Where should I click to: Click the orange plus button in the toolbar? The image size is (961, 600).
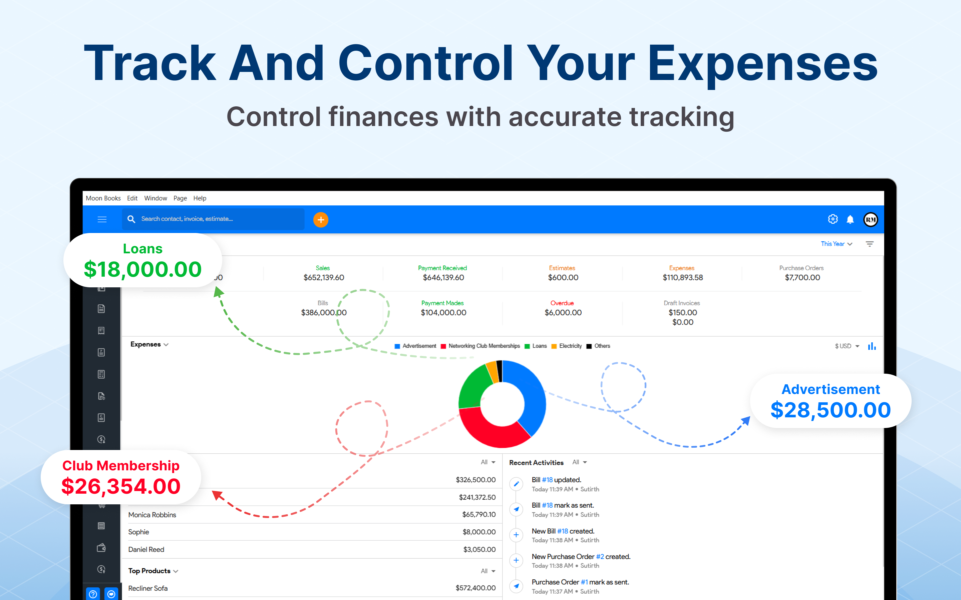pos(320,219)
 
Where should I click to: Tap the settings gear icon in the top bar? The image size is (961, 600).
pos(833,219)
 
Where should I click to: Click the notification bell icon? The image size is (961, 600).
pos(850,219)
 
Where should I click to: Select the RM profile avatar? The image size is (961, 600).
pos(871,219)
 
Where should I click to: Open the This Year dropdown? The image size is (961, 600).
pos(836,244)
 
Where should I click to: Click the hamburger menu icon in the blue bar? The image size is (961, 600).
pos(102,219)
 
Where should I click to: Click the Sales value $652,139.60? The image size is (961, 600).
pos(324,277)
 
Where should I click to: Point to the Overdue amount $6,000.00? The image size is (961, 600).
pos(563,312)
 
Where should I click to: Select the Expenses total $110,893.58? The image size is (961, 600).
pos(683,277)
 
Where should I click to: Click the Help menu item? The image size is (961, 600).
pos(200,198)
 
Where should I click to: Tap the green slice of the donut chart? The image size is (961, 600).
pos(475,387)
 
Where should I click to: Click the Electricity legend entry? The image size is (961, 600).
pos(567,346)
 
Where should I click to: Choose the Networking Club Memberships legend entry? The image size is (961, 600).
pos(480,346)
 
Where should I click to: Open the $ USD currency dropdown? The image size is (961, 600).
pos(847,346)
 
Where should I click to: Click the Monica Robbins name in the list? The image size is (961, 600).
pos(152,515)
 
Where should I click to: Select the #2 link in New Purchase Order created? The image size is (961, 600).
pos(600,556)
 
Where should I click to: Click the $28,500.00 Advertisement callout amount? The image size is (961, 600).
pos(831,410)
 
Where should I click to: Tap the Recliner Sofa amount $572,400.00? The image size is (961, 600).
pos(475,588)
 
